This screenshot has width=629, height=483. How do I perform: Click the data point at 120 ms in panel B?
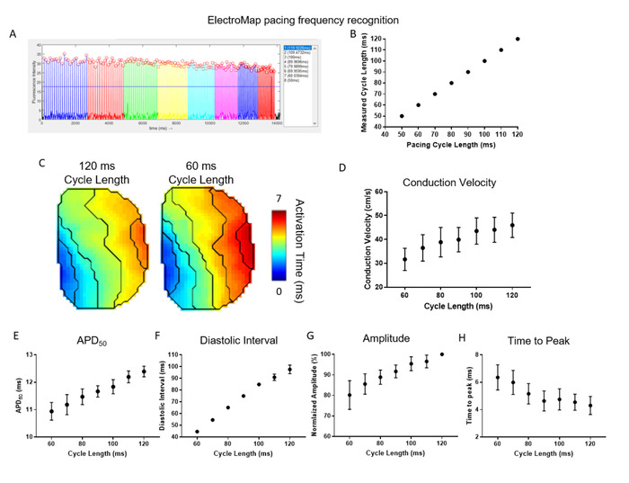coord(518,39)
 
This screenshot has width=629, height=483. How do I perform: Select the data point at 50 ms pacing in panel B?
coord(402,116)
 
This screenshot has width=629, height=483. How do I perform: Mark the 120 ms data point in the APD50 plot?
coord(144,371)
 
